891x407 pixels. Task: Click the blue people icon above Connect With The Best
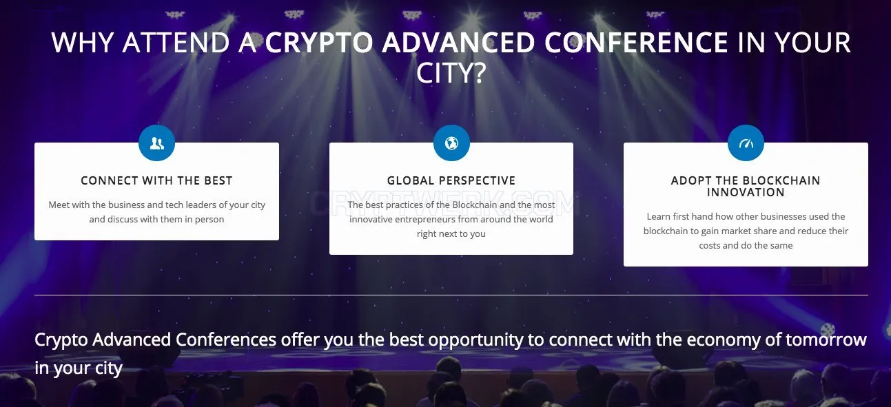tap(156, 143)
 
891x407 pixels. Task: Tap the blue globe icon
tap(451, 143)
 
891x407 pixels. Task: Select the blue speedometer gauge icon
tap(746, 143)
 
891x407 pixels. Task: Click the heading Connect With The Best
tap(156, 180)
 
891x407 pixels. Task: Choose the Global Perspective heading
tap(451, 180)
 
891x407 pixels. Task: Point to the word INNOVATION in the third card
tap(746, 192)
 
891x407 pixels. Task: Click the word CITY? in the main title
tap(451, 72)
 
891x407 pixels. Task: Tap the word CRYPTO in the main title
tap(319, 43)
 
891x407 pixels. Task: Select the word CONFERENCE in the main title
tap(637, 43)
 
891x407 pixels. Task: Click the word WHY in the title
tap(83, 43)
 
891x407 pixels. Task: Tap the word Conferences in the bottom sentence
tap(226, 340)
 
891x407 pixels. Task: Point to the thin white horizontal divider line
tap(451, 295)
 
